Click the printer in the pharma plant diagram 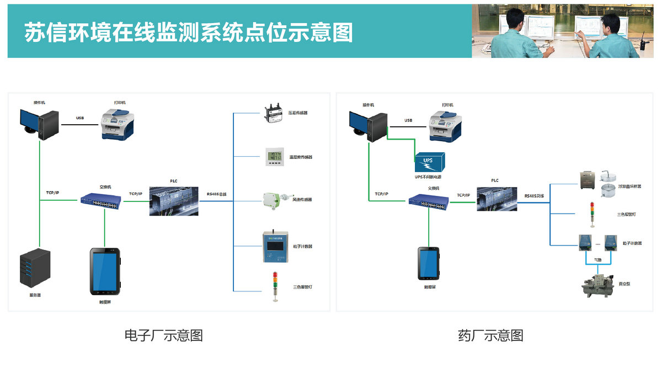pyautogui.click(x=449, y=125)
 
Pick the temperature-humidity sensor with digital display pyautogui.click(x=274, y=157)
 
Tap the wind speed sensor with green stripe pyautogui.click(x=274, y=200)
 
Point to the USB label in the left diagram pyautogui.click(x=80, y=118)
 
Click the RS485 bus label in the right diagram pyautogui.click(x=533, y=195)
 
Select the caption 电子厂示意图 pyautogui.click(x=164, y=335)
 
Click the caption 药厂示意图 pyautogui.click(x=490, y=335)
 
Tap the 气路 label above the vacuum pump pyautogui.click(x=598, y=259)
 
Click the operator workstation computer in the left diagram pyautogui.click(x=40, y=123)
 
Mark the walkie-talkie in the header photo pyautogui.click(x=643, y=43)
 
